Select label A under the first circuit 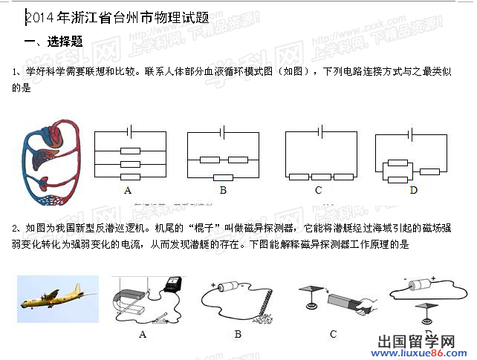click(x=128, y=191)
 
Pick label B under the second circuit click(x=222, y=191)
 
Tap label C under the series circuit click(x=318, y=191)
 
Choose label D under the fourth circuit click(x=414, y=191)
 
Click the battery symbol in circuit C click(x=320, y=131)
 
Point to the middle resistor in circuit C click(x=321, y=177)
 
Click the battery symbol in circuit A click(x=130, y=131)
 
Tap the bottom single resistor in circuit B click(x=222, y=177)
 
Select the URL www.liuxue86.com click(x=426, y=353)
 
